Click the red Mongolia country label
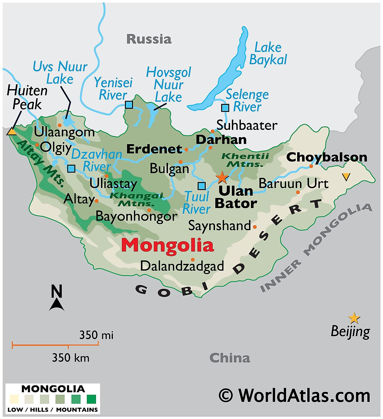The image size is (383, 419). pyautogui.click(x=167, y=246)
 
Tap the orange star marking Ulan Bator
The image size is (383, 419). pyautogui.click(x=222, y=177)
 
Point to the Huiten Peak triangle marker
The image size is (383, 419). pyautogui.click(x=12, y=132)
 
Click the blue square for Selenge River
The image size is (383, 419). pyautogui.click(x=225, y=108)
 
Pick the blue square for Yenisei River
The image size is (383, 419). pyautogui.click(x=129, y=105)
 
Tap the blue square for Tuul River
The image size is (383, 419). pyautogui.click(x=202, y=186)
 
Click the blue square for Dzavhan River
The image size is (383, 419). pyautogui.click(x=71, y=169)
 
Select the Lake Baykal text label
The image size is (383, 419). pyautogui.click(x=268, y=54)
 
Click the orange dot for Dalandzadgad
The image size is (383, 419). pyautogui.click(x=193, y=259)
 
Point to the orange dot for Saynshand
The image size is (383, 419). pyautogui.click(x=255, y=227)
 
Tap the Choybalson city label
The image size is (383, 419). pyautogui.click(x=327, y=157)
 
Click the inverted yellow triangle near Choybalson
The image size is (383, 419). pyautogui.click(x=346, y=176)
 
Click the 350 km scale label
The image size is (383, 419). pyautogui.click(x=71, y=358)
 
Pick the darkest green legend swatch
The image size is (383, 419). pyautogui.click(x=91, y=399)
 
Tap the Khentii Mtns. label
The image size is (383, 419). pyautogui.click(x=245, y=160)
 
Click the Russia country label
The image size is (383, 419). pyautogui.click(x=149, y=39)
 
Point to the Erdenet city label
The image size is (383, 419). pyautogui.click(x=154, y=149)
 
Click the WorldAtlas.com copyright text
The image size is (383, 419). pyautogui.click(x=294, y=395)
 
